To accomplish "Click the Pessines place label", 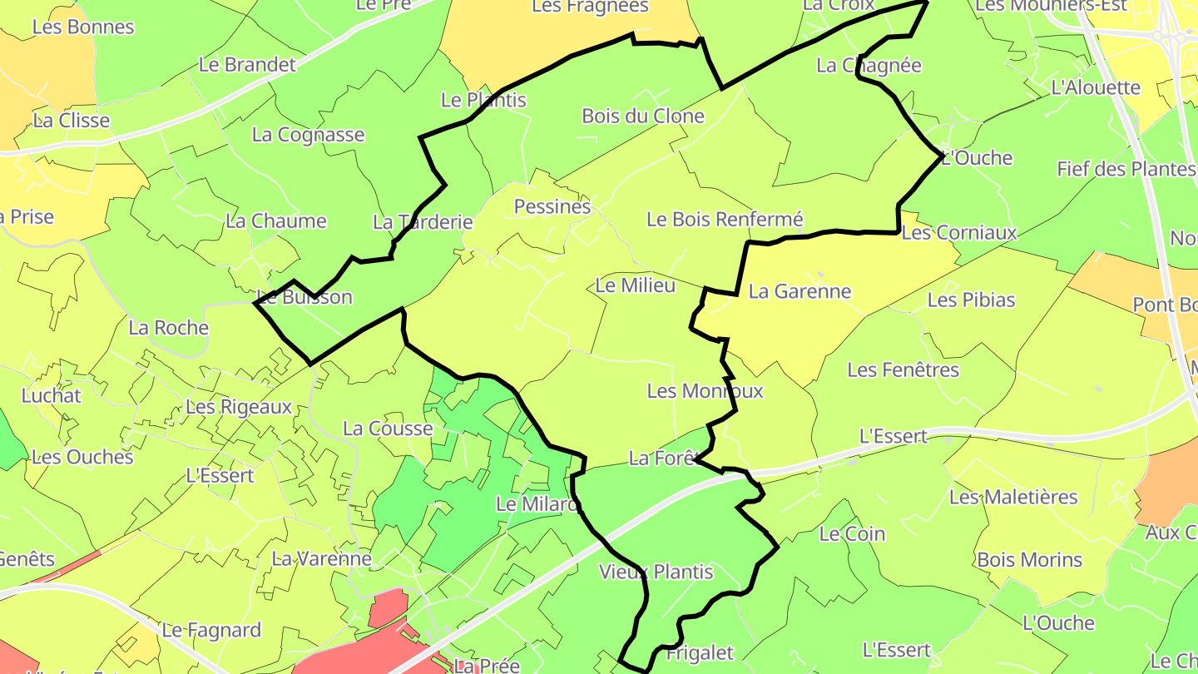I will [552, 206].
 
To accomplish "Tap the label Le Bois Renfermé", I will [725, 220].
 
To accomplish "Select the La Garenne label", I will [799, 291].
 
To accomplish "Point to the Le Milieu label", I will [636, 285].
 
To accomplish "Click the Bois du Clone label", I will [643, 116].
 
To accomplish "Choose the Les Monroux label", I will [705, 391].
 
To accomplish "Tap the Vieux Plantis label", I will [656, 572].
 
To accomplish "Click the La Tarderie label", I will [423, 222].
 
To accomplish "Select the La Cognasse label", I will [308, 135].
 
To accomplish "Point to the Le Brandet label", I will [248, 65].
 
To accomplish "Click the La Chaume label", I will [276, 221].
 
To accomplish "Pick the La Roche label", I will [168, 328].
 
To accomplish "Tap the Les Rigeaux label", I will [239, 407].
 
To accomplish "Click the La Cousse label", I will [388, 429].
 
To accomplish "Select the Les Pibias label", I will [971, 300].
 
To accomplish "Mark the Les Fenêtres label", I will [903, 369].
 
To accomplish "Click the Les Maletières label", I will [1013, 498].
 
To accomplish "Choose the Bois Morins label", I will [1030, 560].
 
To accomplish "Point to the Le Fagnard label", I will [211, 630].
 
